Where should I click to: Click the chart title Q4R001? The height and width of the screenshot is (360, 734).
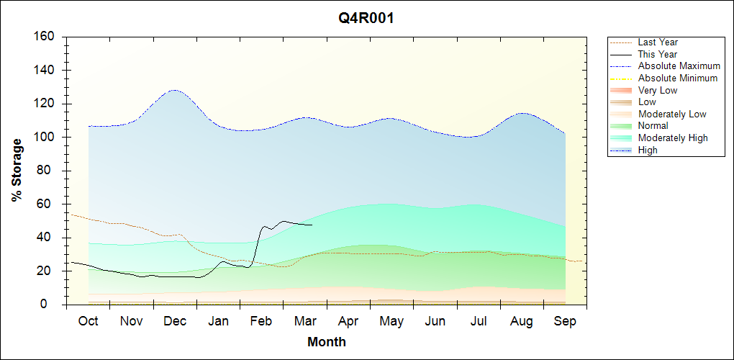click(x=366, y=19)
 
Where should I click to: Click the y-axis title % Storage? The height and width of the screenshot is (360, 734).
click(x=17, y=174)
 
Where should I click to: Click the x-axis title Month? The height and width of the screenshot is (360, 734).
click(x=327, y=342)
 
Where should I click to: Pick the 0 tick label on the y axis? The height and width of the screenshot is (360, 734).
click(x=53, y=305)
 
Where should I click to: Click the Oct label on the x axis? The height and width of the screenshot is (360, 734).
click(x=88, y=321)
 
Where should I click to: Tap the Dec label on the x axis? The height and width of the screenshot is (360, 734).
click(x=175, y=321)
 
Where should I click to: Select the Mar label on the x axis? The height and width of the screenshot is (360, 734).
click(x=305, y=321)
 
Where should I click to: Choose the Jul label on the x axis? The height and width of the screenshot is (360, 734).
click(x=479, y=321)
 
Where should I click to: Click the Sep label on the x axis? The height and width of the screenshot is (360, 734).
click(x=565, y=321)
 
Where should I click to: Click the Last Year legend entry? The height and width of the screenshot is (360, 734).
click(x=658, y=42)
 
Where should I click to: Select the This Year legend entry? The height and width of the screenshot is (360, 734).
click(x=658, y=54)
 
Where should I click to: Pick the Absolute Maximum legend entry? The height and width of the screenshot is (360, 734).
click(x=679, y=66)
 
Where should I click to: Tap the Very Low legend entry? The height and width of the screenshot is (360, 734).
click(x=658, y=90)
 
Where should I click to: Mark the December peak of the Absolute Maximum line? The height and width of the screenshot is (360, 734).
click(x=174, y=90)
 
